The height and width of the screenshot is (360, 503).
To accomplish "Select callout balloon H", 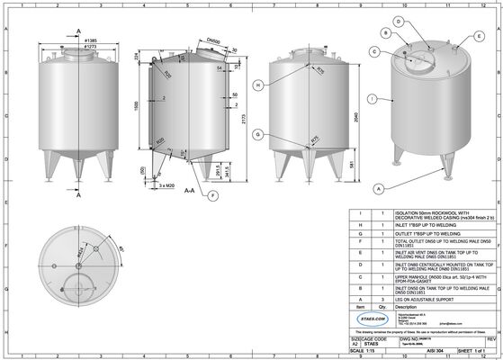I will click(258, 85).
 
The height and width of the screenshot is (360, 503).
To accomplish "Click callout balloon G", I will click(258, 134).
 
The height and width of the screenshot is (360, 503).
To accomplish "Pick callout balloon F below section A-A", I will click(212, 195).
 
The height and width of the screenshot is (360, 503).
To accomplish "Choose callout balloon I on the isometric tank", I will click(373, 96).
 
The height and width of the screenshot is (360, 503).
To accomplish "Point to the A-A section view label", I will click(190, 192).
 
